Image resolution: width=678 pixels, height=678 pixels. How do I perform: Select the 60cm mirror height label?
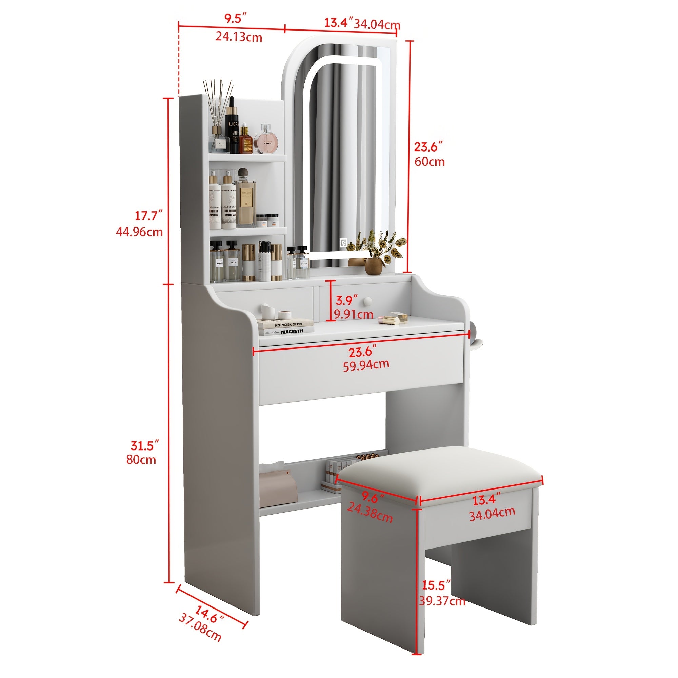click(429, 162)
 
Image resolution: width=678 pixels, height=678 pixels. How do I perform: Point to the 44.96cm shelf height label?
click(139, 232)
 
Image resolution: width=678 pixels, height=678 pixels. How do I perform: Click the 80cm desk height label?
click(141, 459)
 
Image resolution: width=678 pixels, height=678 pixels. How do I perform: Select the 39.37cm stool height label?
click(442, 601)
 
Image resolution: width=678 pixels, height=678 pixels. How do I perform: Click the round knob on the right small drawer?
click(368, 301)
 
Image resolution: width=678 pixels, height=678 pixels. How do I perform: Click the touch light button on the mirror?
click(343, 243)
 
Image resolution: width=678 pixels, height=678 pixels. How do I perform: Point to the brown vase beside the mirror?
click(373, 266)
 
